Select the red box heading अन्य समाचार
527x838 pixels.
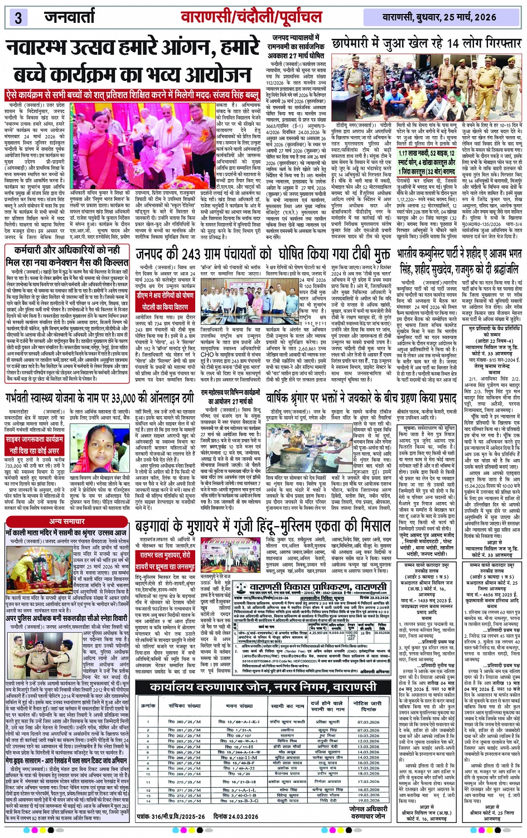click(x=66, y=521)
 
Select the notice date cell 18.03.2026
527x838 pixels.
click(x=368, y=773)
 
